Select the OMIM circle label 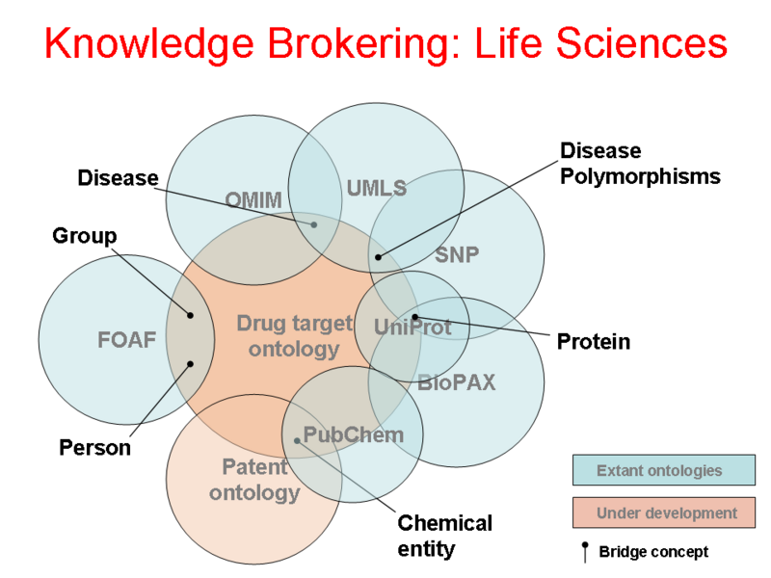point(253,200)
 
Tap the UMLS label point(376,188)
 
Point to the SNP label point(457,255)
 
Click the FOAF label point(126,339)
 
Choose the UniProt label point(412,328)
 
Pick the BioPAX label point(456,382)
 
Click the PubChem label point(353,435)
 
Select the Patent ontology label point(254,480)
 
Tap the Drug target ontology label point(293,335)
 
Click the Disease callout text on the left point(118,178)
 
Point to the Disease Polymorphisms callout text point(640,164)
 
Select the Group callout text point(84,236)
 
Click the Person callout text point(94,448)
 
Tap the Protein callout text point(593,342)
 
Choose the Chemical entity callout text point(444,536)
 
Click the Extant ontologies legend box point(663,471)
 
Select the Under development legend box point(663,513)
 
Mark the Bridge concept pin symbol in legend point(584,551)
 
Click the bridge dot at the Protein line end point(415,317)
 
